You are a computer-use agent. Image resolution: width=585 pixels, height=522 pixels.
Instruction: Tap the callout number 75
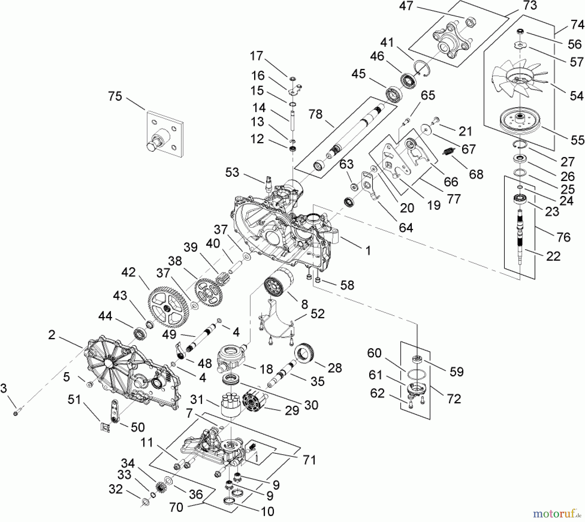tap(115, 97)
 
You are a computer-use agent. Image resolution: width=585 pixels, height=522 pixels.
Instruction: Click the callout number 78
tap(315, 114)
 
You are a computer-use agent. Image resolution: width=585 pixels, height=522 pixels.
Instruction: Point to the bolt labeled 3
tap(16, 413)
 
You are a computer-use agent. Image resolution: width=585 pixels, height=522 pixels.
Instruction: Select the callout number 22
tap(553, 256)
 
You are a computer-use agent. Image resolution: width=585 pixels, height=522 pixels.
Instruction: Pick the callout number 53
tap(232, 173)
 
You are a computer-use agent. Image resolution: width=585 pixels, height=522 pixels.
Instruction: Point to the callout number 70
tap(176, 507)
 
